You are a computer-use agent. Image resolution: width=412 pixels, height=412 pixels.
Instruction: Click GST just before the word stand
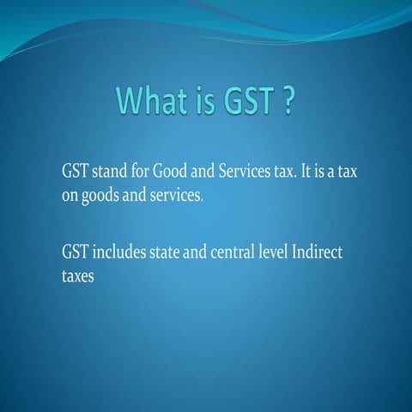tap(75, 172)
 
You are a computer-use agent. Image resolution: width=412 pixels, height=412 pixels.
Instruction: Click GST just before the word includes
tap(75, 252)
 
